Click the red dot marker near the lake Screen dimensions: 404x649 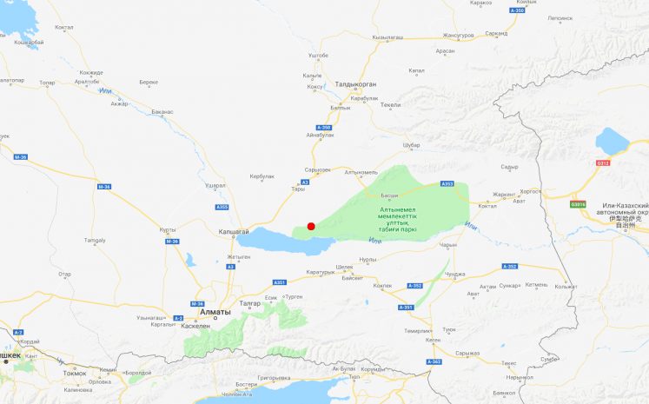tap(311, 226)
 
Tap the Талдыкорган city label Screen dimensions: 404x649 tap(355, 84)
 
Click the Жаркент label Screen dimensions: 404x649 tap(504, 195)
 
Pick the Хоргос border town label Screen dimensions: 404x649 tap(529, 191)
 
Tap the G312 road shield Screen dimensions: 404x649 tap(603, 162)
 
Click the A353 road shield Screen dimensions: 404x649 tap(447, 183)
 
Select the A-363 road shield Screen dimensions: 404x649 tap(434, 361)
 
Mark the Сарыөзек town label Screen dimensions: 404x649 tap(318, 169)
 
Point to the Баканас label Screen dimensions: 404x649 tap(162, 112)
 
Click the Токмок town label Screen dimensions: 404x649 tap(75, 373)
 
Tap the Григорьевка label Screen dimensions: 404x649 tap(274, 378)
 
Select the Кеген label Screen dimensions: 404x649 tap(433, 340)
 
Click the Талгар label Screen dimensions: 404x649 tap(249, 302)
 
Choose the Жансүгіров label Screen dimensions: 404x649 tap(458, 36)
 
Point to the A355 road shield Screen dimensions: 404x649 tap(222, 207)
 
